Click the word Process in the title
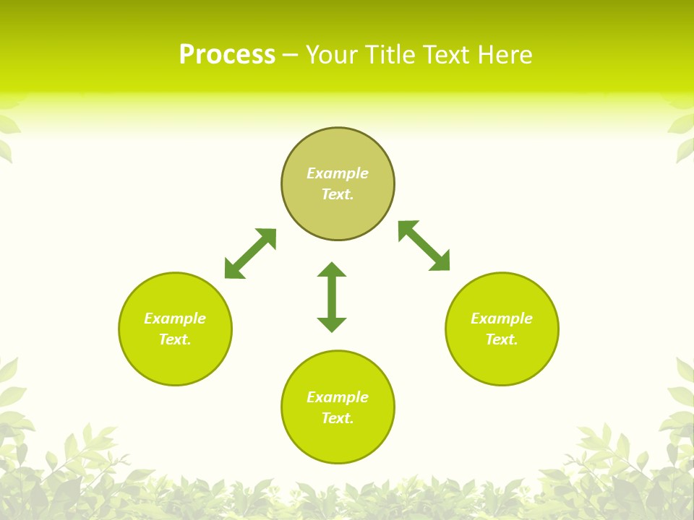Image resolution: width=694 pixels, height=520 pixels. pyautogui.click(x=227, y=55)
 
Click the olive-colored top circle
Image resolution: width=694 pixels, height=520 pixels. pyautogui.click(x=338, y=148)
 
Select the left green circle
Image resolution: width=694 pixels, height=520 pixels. pyautogui.click(x=175, y=361)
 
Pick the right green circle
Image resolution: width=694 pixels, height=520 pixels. pyautogui.click(x=502, y=361)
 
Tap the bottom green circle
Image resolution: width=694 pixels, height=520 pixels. pyautogui.click(x=338, y=441)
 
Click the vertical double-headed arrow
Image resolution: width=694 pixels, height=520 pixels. pyautogui.click(x=332, y=298)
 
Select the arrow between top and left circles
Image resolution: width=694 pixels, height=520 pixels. pyautogui.click(x=250, y=253)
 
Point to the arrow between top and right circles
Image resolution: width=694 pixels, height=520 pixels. pyautogui.click(x=424, y=246)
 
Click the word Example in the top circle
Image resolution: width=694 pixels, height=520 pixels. pyautogui.click(x=338, y=173)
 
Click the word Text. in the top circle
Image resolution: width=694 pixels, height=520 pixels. pyautogui.click(x=338, y=194)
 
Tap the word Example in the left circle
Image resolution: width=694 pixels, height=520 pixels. pyautogui.click(x=175, y=318)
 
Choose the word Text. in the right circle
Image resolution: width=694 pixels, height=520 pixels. pyautogui.click(x=502, y=339)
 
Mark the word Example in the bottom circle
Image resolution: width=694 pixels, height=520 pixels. pyautogui.click(x=338, y=397)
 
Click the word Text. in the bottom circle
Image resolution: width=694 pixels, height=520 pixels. pyautogui.click(x=338, y=418)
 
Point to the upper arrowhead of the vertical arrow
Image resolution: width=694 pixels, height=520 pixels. pyautogui.click(x=332, y=270)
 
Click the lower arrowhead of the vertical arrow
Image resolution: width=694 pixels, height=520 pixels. pyautogui.click(x=332, y=324)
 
